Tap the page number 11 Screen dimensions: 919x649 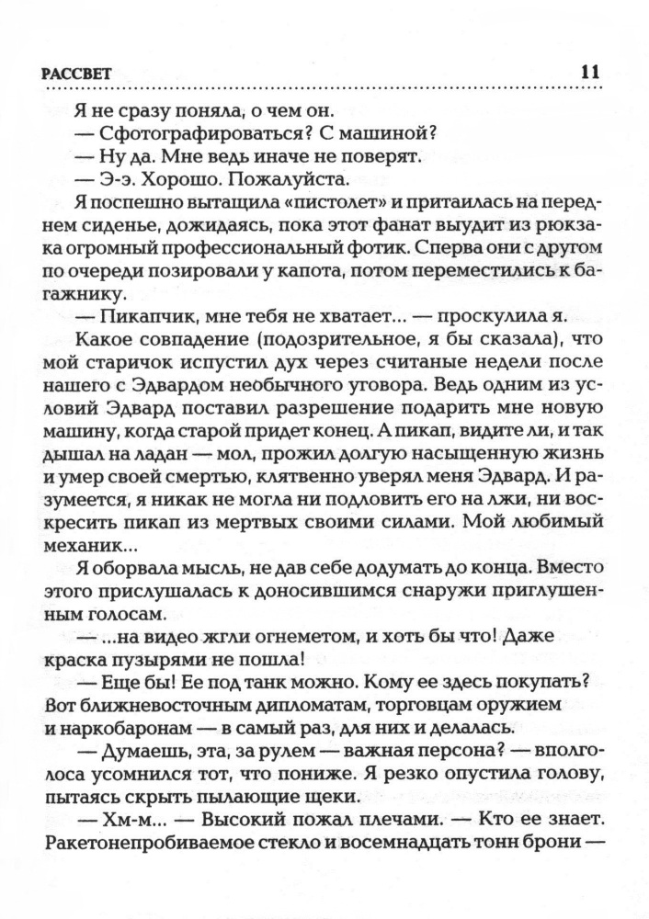tap(590, 73)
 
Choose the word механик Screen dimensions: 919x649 tap(87, 546)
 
